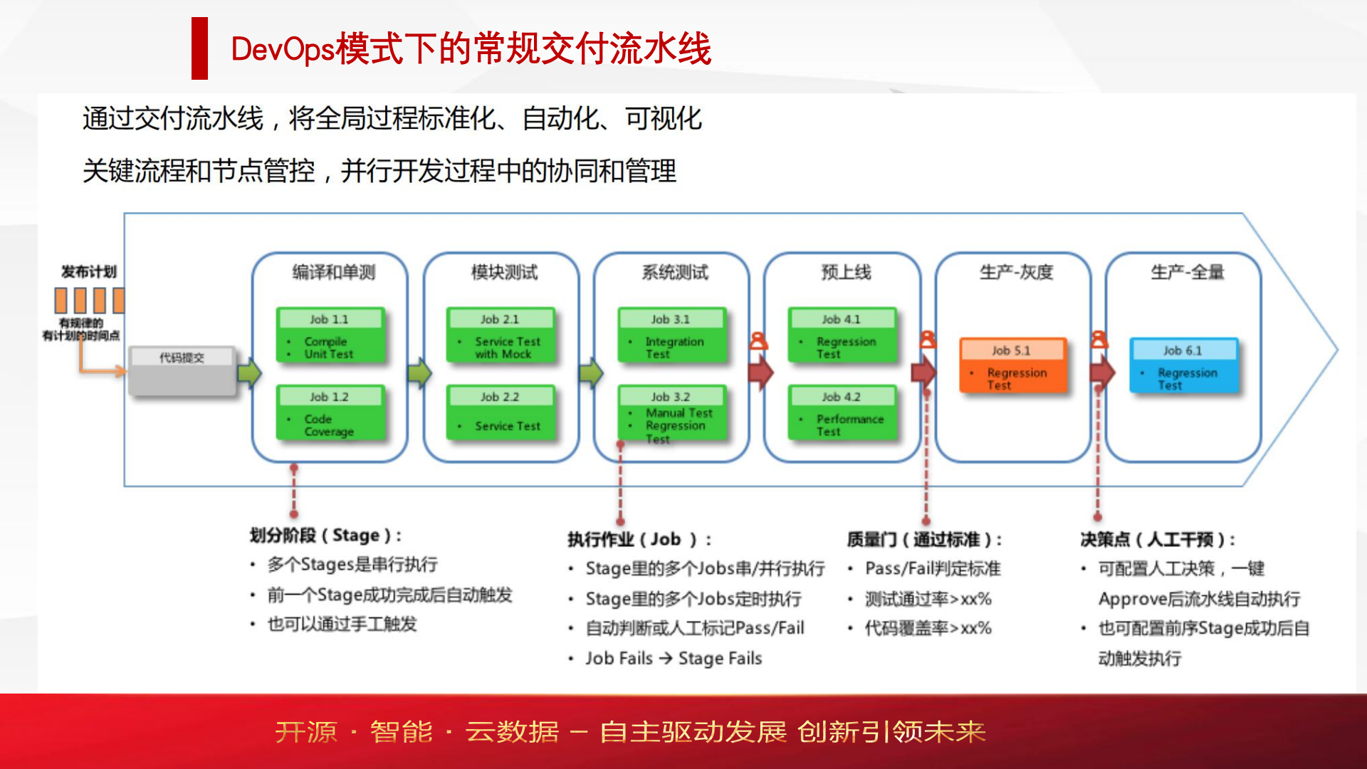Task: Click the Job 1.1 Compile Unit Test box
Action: [330, 336]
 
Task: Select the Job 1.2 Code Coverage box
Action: [330, 414]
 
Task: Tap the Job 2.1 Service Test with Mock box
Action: [501, 336]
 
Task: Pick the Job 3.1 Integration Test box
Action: [672, 336]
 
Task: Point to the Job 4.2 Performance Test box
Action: [842, 414]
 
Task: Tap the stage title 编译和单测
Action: [333, 272]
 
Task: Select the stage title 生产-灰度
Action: [1016, 272]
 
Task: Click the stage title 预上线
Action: [846, 272]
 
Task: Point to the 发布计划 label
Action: [88, 271]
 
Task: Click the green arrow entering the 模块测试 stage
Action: [420, 372]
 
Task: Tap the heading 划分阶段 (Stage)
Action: [325, 535]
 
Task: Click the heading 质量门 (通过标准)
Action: [924, 540]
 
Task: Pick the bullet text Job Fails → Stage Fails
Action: [674, 659]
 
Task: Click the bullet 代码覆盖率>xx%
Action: [928, 628]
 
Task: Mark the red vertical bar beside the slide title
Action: [199, 48]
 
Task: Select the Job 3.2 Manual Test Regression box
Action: [672, 415]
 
